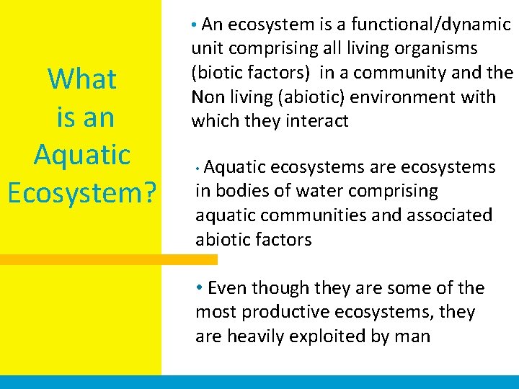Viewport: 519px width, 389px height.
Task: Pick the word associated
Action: coord(443,215)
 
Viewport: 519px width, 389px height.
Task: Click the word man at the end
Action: coord(414,336)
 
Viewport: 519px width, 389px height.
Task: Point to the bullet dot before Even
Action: coord(200,288)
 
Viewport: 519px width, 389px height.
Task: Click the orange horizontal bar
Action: coord(108,259)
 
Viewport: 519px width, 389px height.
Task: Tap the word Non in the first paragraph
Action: coord(207,97)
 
